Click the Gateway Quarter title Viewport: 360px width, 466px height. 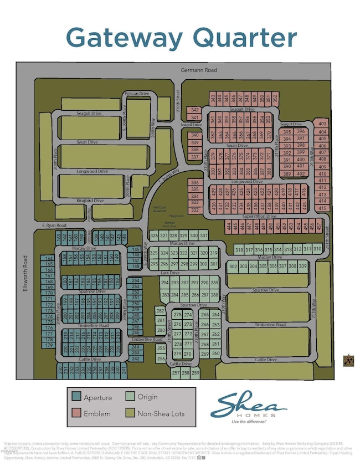point(181,37)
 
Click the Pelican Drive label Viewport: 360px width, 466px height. point(137,94)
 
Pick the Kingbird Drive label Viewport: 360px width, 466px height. point(90,200)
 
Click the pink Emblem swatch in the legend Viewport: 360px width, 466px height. point(76,412)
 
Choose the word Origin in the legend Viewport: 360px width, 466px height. point(148,397)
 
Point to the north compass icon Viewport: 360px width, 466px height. point(348,360)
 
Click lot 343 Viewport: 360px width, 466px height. point(213,98)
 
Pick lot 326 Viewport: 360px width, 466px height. point(154,236)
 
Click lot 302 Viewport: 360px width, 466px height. point(233,267)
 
